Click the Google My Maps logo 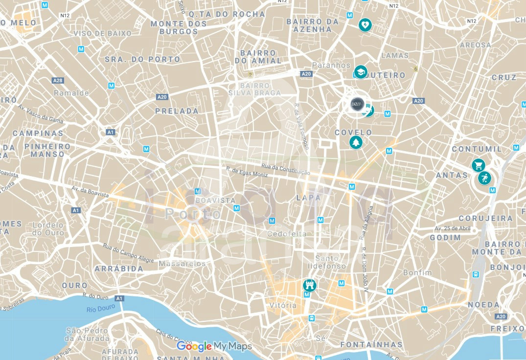tap(214, 346)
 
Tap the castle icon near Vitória tap(309, 285)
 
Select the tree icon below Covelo tap(356, 142)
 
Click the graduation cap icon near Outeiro tap(361, 72)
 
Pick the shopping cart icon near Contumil tap(479, 165)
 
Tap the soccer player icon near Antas tap(485, 178)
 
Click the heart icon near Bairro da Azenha tap(365, 24)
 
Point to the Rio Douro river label tap(100, 307)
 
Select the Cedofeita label tap(287, 234)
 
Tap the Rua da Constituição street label tap(285, 169)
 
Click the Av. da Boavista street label tap(90, 191)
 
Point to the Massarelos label tap(182, 263)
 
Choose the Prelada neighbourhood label tap(177, 111)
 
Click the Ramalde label tap(71, 92)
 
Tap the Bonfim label tap(417, 272)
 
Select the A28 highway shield tap(58, 80)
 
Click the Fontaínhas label tap(371, 344)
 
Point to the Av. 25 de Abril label tap(453, 228)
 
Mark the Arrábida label tap(119, 269)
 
